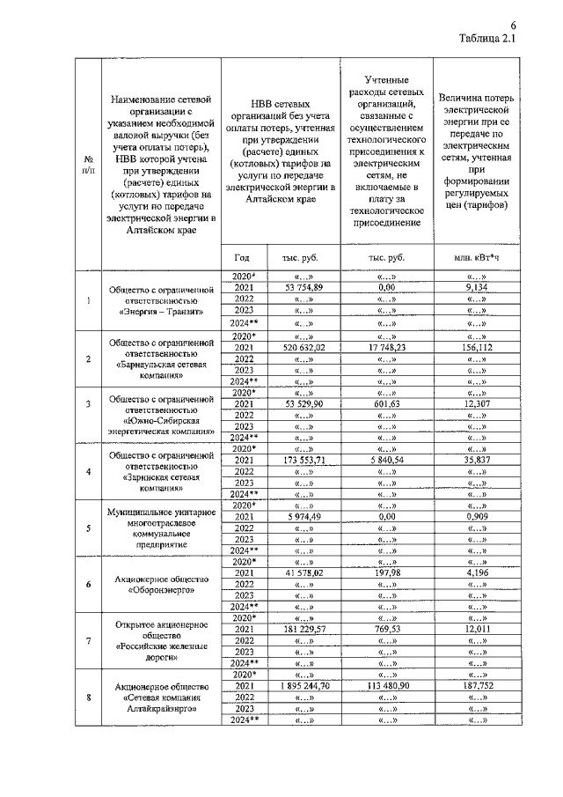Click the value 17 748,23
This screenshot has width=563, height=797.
point(386,348)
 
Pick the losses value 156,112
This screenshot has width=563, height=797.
point(479,348)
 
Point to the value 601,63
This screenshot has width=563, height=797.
point(386,403)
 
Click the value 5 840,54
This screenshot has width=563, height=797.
point(386,460)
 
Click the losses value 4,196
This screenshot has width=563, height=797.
point(479,572)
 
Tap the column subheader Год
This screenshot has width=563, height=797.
point(243,257)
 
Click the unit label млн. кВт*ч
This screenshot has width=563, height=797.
point(479,257)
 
